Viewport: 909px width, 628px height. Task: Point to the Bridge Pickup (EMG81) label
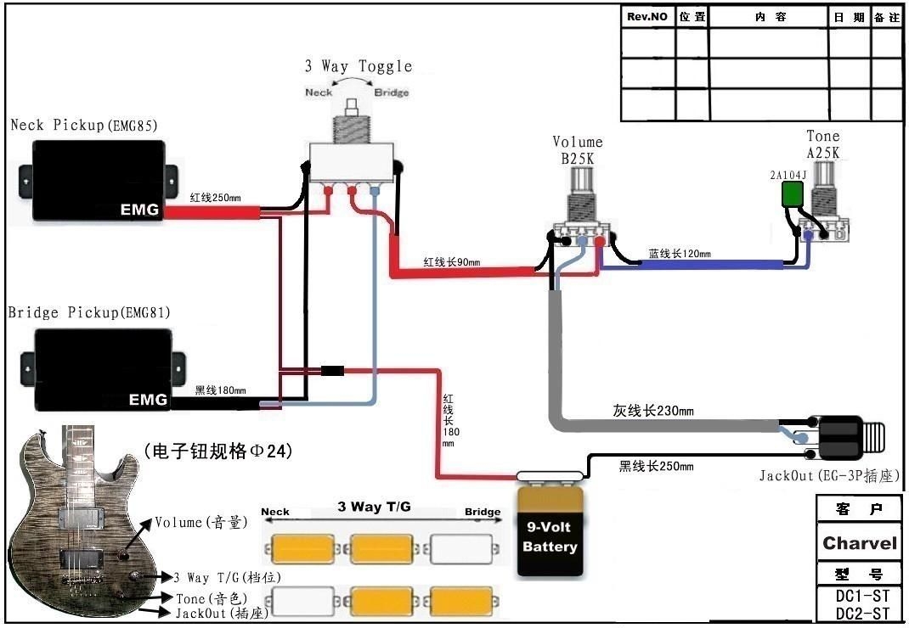[x=89, y=313]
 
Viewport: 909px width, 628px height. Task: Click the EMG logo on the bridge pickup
[x=150, y=399]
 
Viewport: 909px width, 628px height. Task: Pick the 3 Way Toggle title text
[x=358, y=66]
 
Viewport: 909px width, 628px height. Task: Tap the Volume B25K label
[x=577, y=149]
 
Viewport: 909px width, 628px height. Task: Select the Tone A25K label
[x=822, y=144]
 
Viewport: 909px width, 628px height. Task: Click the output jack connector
[x=845, y=437]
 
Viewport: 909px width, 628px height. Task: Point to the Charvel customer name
[x=859, y=543]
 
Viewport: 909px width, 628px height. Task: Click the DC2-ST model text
[x=861, y=614]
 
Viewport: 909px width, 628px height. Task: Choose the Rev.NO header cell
[x=647, y=17]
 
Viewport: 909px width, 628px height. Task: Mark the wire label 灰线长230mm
[x=653, y=412]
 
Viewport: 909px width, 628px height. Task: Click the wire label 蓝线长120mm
[x=680, y=254]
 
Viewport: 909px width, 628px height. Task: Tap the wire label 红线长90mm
[x=452, y=262]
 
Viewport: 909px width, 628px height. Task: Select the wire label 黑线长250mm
[x=655, y=467]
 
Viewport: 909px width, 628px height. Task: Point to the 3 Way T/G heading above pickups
[x=374, y=507]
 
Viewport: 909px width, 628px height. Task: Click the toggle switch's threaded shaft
[x=351, y=128]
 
